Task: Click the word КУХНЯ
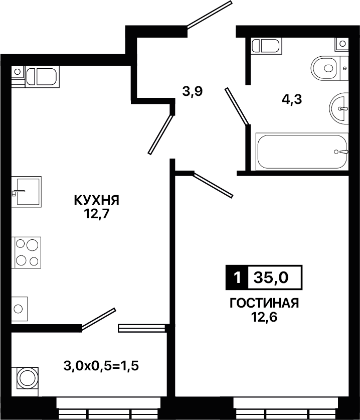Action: (x=97, y=200)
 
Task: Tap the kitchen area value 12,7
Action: (x=97, y=214)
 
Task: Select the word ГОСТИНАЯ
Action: (x=264, y=304)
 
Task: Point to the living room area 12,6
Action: (x=264, y=317)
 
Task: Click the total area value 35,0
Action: (x=271, y=277)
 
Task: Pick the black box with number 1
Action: (x=237, y=277)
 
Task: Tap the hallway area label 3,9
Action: (x=193, y=92)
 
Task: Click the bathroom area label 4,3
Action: (x=292, y=100)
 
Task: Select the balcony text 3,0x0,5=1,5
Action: (x=101, y=366)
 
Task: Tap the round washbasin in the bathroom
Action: (x=339, y=108)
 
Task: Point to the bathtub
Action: (x=302, y=152)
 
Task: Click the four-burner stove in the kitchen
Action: (x=26, y=252)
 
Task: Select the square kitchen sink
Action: (x=27, y=192)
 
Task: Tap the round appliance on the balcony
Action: (x=26, y=378)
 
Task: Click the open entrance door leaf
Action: (x=209, y=15)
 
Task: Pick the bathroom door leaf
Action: (x=237, y=106)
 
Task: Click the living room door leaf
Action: (x=213, y=185)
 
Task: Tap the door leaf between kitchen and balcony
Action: (x=98, y=319)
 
